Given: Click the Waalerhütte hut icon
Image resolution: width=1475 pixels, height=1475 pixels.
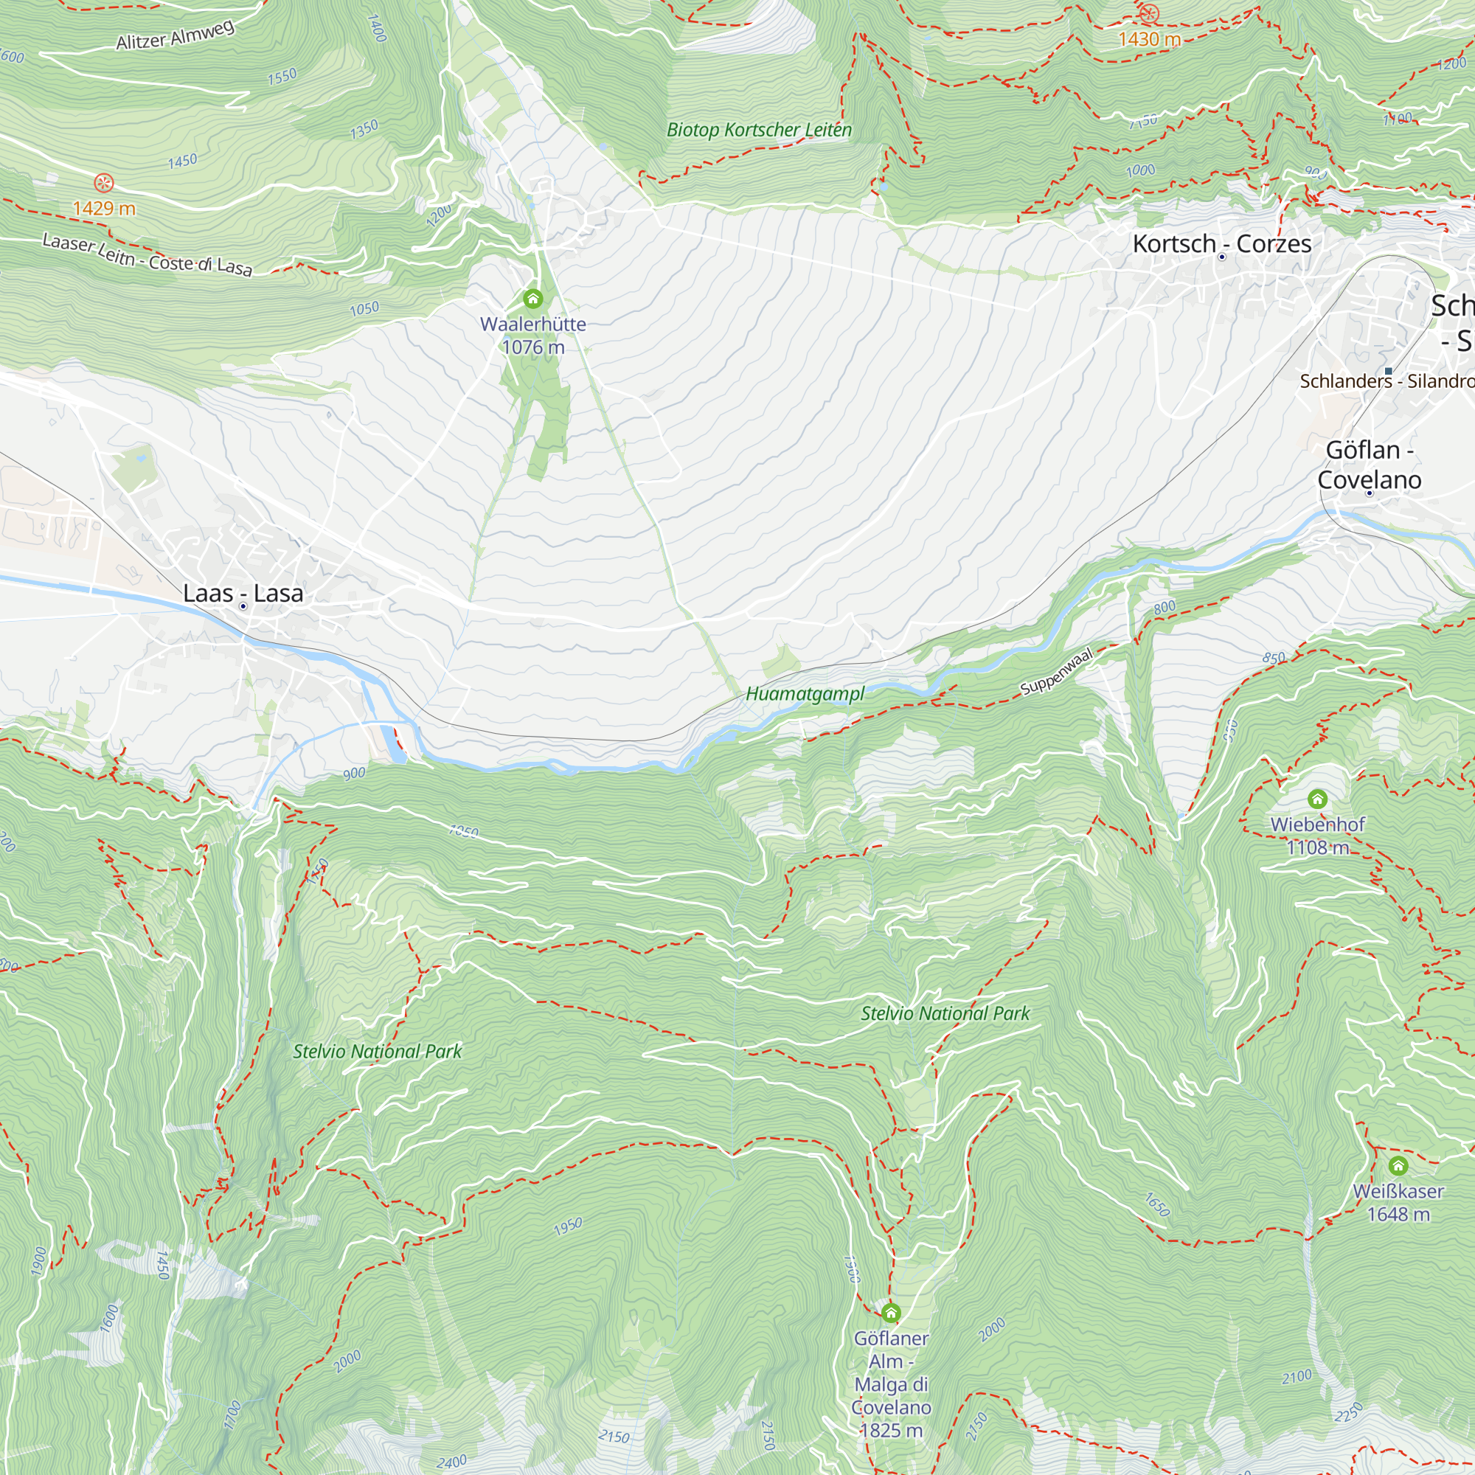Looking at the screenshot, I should point(533,299).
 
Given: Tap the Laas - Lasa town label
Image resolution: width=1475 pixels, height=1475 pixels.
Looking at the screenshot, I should point(243,593).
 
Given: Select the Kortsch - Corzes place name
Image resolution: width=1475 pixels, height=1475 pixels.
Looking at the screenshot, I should point(1221,243).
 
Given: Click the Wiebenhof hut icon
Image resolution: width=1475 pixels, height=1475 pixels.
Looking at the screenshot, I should point(1317,799).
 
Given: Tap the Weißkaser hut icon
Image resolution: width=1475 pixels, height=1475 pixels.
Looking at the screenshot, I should point(1398,1166).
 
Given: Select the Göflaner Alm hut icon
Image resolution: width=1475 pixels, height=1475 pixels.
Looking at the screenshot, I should point(890,1313).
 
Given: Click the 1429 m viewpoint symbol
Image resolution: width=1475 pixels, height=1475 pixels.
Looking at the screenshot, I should point(104,183).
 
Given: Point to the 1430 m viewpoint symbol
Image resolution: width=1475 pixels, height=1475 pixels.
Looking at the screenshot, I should point(1148,14).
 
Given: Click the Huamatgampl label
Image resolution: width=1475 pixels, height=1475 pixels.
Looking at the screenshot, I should point(805,694).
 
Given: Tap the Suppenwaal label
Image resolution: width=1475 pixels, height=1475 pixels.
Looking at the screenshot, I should point(1057,671).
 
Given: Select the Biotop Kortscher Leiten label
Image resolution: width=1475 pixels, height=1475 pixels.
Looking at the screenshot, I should point(759,130).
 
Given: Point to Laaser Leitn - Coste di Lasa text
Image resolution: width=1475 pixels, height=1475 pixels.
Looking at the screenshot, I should point(147,254).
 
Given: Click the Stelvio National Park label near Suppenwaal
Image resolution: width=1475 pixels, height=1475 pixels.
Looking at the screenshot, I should point(945,1013).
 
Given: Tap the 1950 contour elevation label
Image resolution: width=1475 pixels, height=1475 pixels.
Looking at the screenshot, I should point(568,1226).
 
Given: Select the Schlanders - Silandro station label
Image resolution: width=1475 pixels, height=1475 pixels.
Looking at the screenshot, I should point(1386,381).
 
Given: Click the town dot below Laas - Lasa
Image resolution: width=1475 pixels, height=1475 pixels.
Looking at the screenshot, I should point(243,606).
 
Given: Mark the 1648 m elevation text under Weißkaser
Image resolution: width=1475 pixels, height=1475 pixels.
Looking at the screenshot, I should point(1398,1214).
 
